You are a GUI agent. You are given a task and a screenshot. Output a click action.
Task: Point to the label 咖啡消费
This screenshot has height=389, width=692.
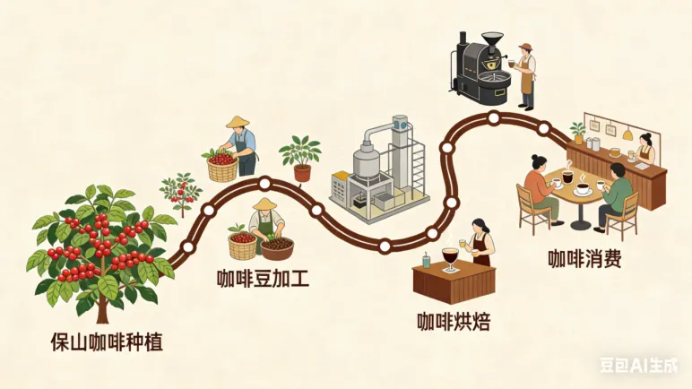click(585, 260)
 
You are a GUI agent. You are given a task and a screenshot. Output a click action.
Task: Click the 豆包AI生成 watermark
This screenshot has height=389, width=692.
click(639, 366)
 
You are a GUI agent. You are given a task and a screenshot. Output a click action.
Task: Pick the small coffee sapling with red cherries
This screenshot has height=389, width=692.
click(180, 192)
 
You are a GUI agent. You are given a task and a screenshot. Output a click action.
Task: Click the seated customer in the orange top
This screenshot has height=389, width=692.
click(538, 185)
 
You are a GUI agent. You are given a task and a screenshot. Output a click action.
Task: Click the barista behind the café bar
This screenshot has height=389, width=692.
click(644, 148)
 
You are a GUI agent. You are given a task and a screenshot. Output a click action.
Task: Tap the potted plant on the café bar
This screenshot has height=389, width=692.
click(579, 133)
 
